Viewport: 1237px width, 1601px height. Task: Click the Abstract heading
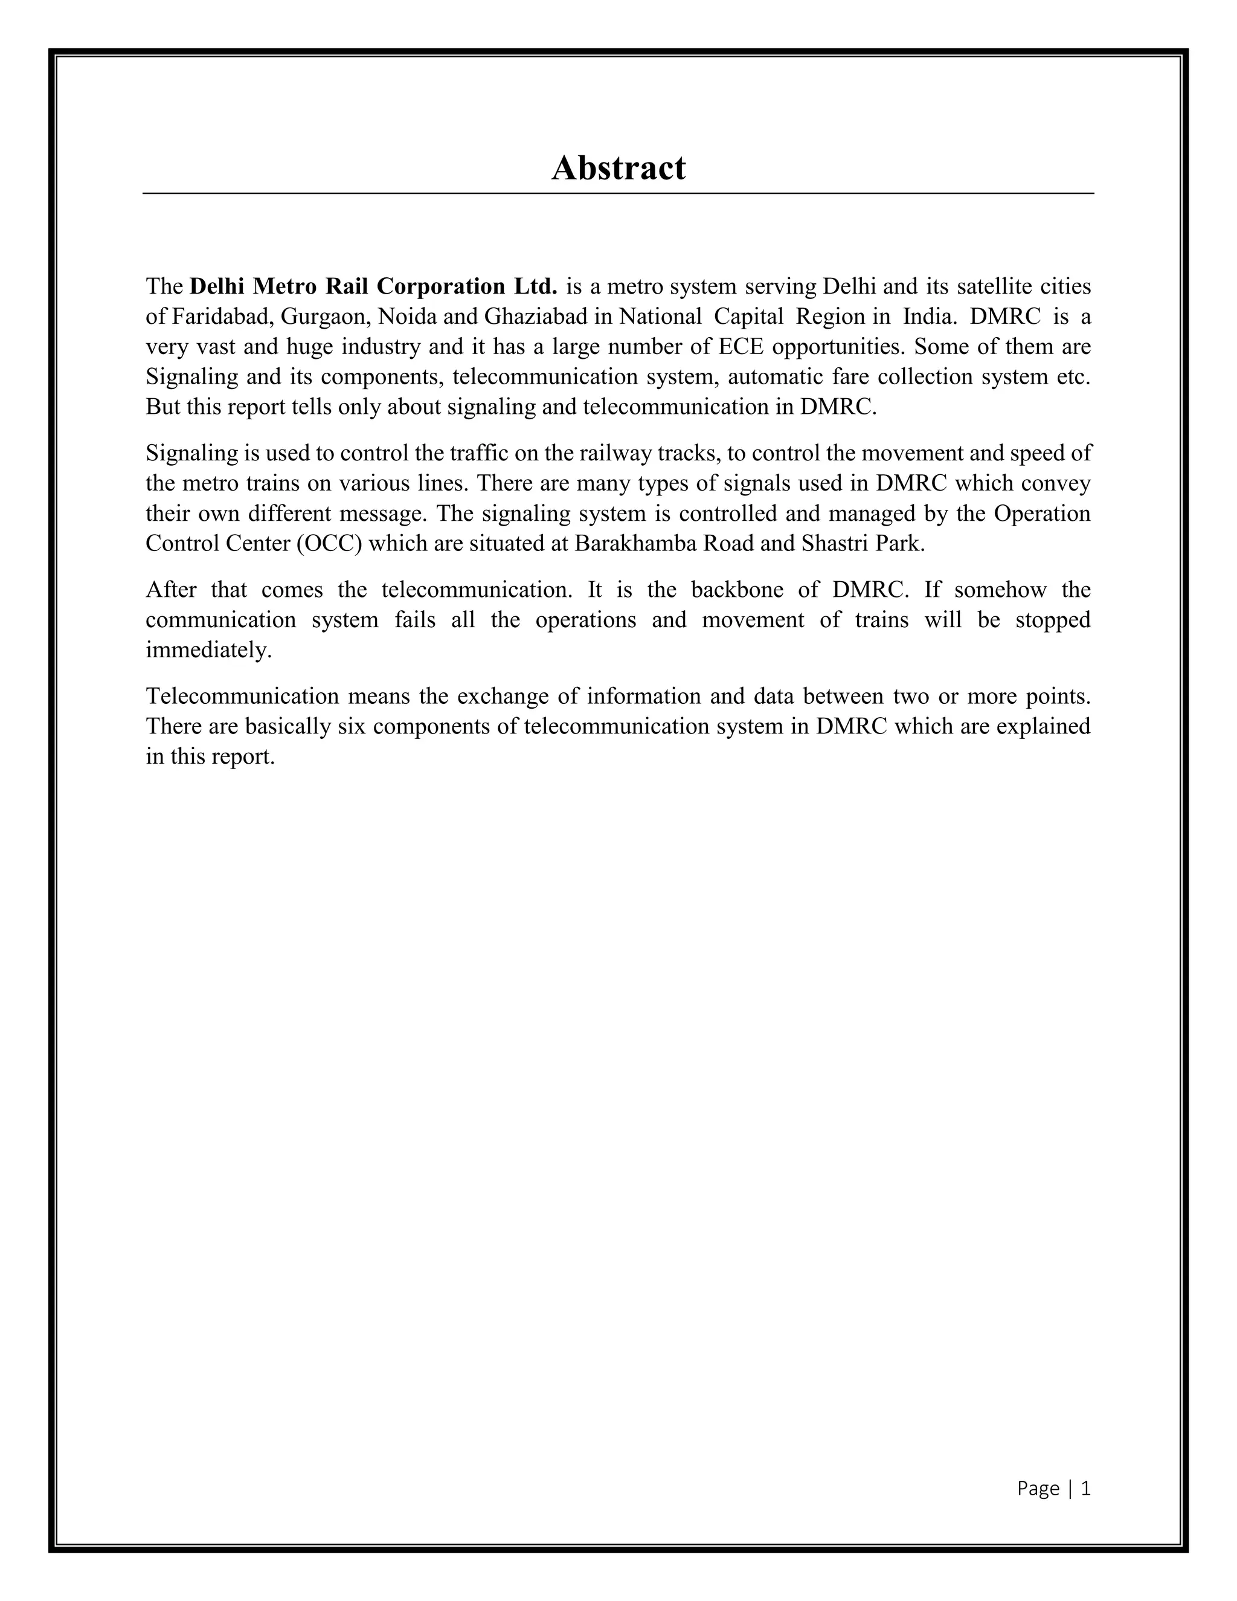tap(618, 168)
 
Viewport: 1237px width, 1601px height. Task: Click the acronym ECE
tap(740, 346)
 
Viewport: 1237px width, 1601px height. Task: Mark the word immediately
tap(208, 650)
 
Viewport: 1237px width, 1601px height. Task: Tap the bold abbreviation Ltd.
tap(536, 286)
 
